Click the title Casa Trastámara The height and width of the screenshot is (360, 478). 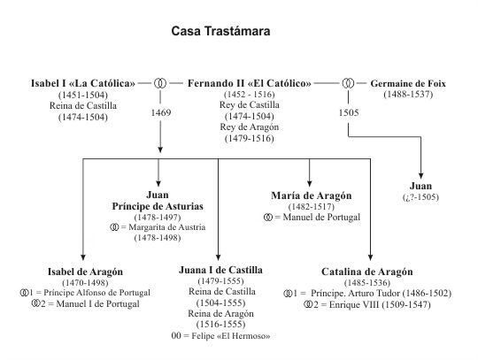[x=220, y=31]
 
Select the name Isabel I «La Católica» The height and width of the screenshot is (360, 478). [x=83, y=83]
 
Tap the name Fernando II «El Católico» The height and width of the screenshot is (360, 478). [x=250, y=83]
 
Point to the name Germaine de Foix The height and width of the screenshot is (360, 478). [x=408, y=83]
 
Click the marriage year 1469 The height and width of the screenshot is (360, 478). [x=161, y=112]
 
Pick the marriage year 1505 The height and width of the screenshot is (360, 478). [x=349, y=112]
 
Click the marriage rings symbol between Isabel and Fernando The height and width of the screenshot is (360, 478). [x=160, y=83]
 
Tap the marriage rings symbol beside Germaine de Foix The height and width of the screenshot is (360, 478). [x=349, y=83]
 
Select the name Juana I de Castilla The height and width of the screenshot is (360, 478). [x=220, y=270]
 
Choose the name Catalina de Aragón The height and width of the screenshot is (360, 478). [x=367, y=272]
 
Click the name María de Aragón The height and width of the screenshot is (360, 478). [x=312, y=195]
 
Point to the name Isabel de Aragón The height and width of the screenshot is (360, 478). [x=85, y=272]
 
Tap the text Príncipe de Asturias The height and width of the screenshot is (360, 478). [x=158, y=206]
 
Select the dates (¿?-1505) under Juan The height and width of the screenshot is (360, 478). [x=420, y=197]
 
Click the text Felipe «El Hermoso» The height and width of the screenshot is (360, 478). [x=231, y=336]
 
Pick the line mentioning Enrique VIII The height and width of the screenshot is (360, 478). [x=367, y=304]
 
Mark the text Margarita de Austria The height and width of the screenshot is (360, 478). [x=167, y=227]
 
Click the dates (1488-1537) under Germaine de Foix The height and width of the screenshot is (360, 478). [x=408, y=95]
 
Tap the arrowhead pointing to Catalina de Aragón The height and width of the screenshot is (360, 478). [x=370, y=257]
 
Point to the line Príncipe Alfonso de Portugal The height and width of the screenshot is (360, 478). [x=97, y=293]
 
